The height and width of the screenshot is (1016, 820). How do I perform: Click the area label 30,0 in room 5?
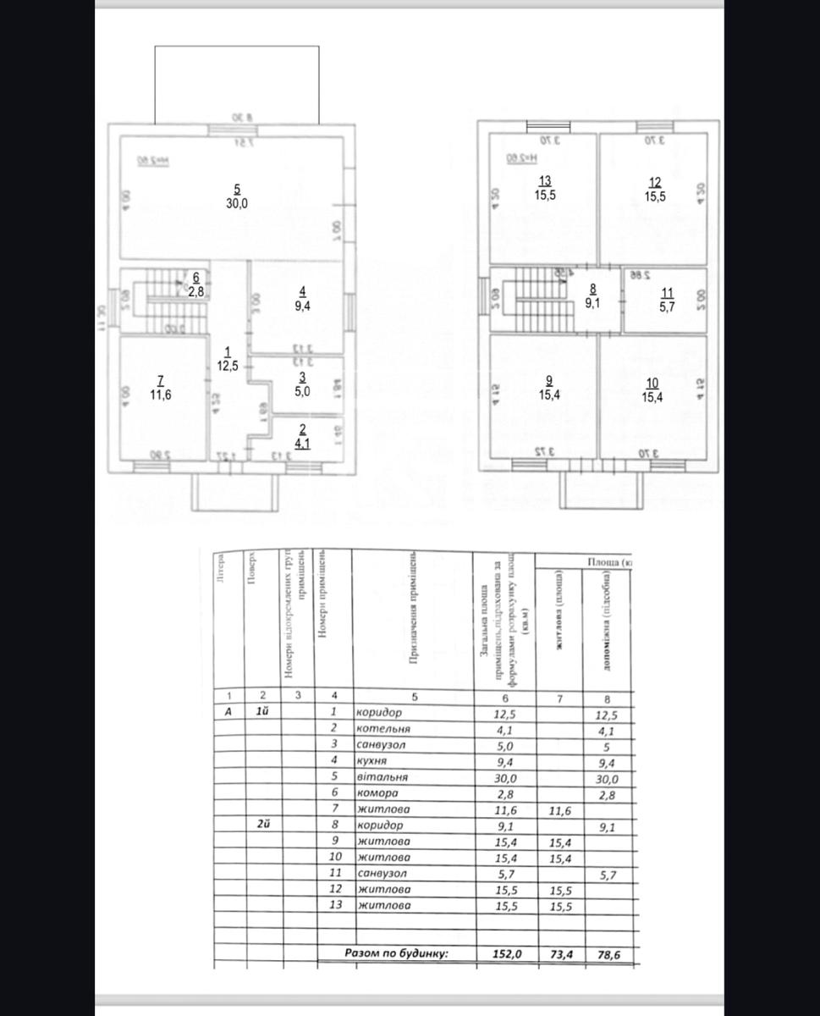[237, 203]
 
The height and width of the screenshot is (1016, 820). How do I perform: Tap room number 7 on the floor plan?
[161, 380]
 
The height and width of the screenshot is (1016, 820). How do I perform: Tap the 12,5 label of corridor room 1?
[227, 365]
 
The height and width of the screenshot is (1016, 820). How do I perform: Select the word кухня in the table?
[372, 759]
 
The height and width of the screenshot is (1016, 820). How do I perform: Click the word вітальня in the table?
[382, 776]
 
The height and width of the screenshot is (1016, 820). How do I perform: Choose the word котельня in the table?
[383, 727]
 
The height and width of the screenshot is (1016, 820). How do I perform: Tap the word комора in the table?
[377, 793]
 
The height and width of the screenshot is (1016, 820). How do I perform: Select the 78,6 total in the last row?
[608, 953]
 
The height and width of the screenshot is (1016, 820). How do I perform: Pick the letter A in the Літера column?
[227, 711]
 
